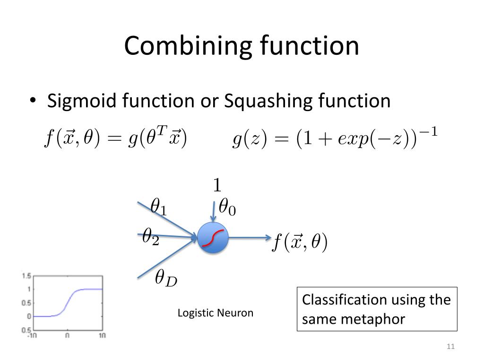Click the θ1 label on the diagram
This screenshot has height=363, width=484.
point(158,207)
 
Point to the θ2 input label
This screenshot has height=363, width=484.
point(151,236)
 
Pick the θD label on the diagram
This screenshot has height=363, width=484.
point(166,279)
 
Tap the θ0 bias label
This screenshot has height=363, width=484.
point(227,207)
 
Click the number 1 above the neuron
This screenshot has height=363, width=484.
point(217,185)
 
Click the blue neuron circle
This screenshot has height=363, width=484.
point(213,237)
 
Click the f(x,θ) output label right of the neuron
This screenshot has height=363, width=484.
point(300,243)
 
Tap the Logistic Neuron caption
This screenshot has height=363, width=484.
point(215,313)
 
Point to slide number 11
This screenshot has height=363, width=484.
point(450,347)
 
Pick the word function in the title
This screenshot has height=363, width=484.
point(309,46)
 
